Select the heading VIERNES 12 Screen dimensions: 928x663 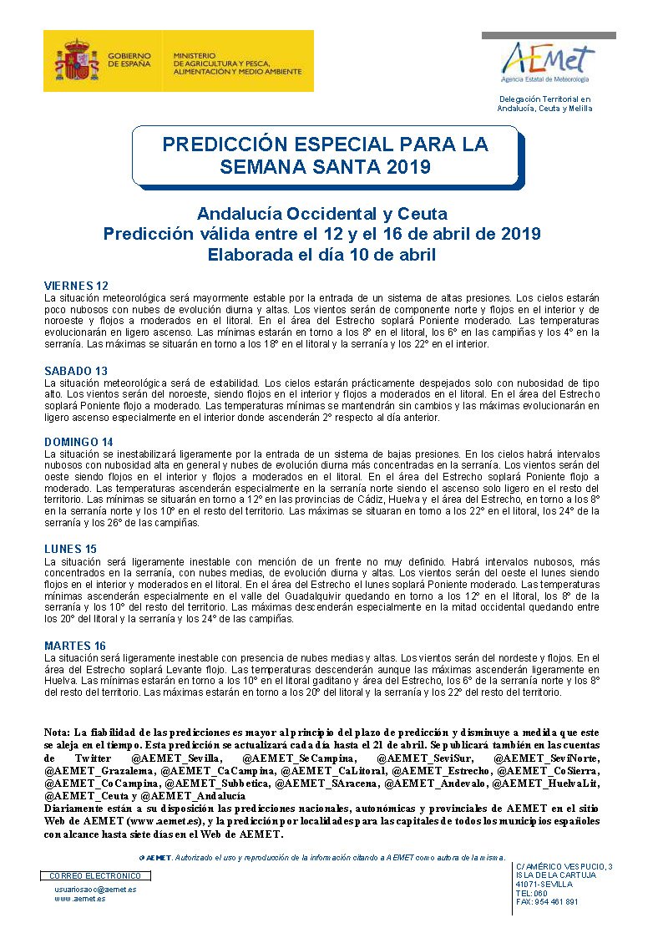(76, 286)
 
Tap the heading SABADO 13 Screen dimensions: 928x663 (75, 371)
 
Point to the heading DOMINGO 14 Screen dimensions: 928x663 (78, 442)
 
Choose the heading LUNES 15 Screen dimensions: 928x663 (70, 550)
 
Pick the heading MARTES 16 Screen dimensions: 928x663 (74, 646)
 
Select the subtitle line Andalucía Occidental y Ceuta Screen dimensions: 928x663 (322, 213)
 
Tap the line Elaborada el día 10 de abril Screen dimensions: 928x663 (322, 255)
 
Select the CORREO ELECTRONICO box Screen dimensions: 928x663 (97, 875)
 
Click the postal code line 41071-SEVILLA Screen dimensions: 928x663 (544, 884)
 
